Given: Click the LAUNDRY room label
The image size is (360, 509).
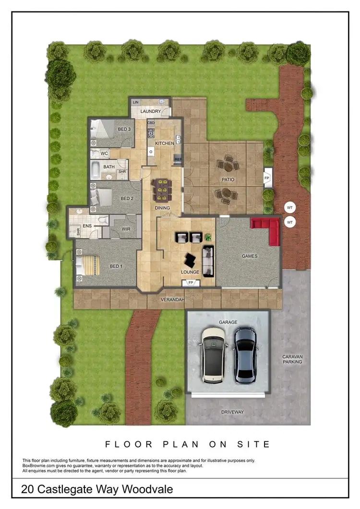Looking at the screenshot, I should pyautogui.click(x=150, y=112).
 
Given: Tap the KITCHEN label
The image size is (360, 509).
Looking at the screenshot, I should pyautogui.click(x=164, y=143).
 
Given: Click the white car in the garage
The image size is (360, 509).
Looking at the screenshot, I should pyautogui.click(x=214, y=354).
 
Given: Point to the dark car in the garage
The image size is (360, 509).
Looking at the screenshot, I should pyautogui.click(x=246, y=353).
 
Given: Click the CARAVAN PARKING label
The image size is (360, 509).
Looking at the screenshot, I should pyautogui.click(x=292, y=359).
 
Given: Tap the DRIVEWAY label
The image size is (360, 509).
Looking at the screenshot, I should pyautogui.click(x=232, y=412).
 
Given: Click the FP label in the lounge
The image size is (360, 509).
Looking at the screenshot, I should pyautogui.click(x=191, y=283).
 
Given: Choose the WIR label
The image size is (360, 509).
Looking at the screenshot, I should pyautogui.click(x=126, y=229).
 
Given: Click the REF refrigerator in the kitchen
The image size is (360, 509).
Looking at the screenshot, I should pyautogui.click(x=178, y=159).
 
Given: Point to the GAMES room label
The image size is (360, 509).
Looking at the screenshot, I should pyautogui.click(x=249, y=256).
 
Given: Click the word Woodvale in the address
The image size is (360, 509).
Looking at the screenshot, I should pyautogui.click(x=148, y=490).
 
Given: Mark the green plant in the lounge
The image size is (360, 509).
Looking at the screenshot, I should pyautogui.click(x=208, y=237).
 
